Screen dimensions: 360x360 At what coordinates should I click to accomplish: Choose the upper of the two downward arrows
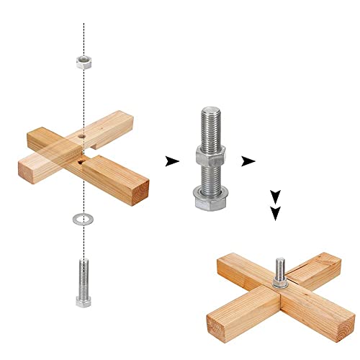[x=274, y=195]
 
